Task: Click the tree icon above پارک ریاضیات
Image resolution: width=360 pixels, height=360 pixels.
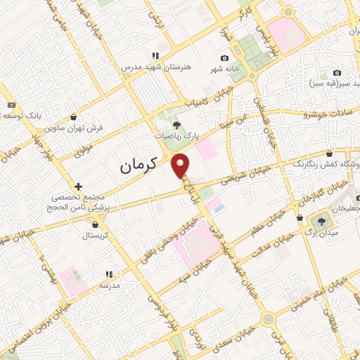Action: pos(175,124)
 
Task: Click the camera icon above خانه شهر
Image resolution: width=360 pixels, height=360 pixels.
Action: pos(224,58)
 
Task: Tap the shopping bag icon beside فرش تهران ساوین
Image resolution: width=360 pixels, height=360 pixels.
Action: pos(75,117)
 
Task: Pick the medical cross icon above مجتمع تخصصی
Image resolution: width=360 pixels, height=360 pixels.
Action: pos(79,187)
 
